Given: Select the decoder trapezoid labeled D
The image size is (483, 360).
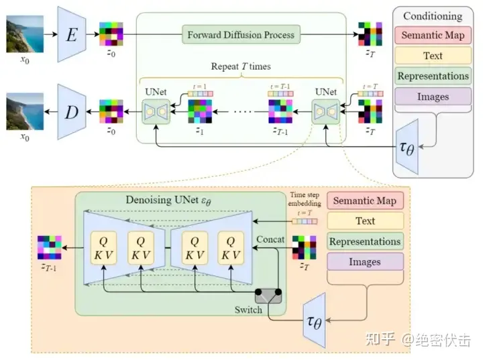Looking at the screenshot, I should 71,111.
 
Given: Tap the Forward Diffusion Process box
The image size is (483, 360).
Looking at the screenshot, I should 241,34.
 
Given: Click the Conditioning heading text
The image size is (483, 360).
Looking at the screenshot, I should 433,16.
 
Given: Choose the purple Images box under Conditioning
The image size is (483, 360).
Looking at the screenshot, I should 433,97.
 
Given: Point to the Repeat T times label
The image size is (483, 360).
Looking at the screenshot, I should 241,67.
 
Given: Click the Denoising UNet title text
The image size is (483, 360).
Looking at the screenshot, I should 167,200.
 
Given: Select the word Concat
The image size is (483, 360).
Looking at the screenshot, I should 269,239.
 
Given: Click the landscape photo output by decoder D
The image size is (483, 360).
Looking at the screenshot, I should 25,111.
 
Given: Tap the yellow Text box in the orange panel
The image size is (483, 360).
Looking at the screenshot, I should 365,221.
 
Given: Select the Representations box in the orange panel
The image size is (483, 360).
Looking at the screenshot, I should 365,241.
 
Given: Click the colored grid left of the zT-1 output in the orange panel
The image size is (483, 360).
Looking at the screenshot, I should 50,247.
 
